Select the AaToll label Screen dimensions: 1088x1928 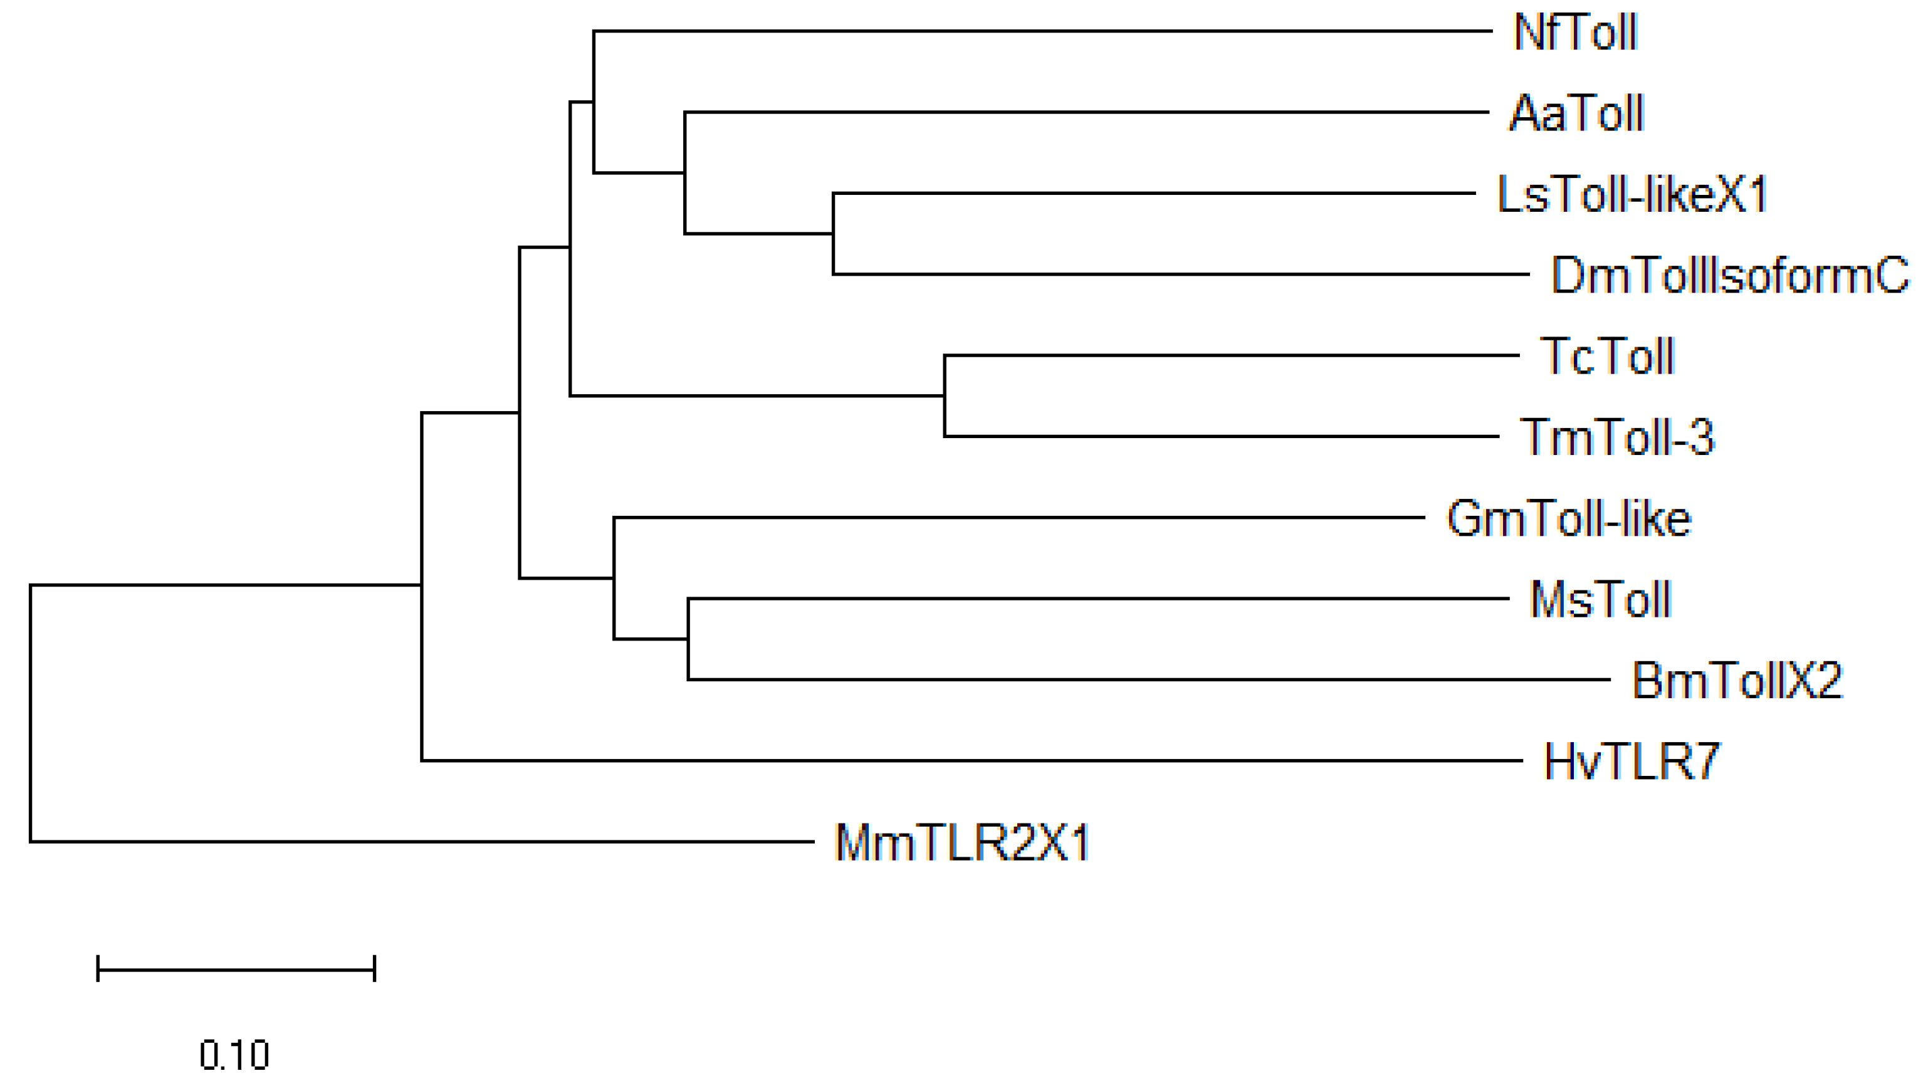[1576, 113]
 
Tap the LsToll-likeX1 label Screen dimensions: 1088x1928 [1632, 194]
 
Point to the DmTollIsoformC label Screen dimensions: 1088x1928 [1729, 275]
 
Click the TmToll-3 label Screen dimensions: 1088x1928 [1616, 437]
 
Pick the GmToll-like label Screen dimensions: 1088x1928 [1568, 518]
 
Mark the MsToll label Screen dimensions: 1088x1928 [1600, 599]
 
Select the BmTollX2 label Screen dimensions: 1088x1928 [1736, 681]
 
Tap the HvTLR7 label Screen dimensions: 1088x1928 [1632, 761]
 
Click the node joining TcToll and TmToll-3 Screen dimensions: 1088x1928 [945, 396]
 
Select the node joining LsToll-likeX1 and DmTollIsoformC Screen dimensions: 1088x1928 [834, 234]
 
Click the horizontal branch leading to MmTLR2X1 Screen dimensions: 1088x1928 [419, 842]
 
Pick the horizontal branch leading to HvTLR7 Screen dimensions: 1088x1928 [973, 760]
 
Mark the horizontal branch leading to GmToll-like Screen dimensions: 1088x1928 [1018, 517]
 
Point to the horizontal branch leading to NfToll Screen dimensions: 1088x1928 [1040, 31]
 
